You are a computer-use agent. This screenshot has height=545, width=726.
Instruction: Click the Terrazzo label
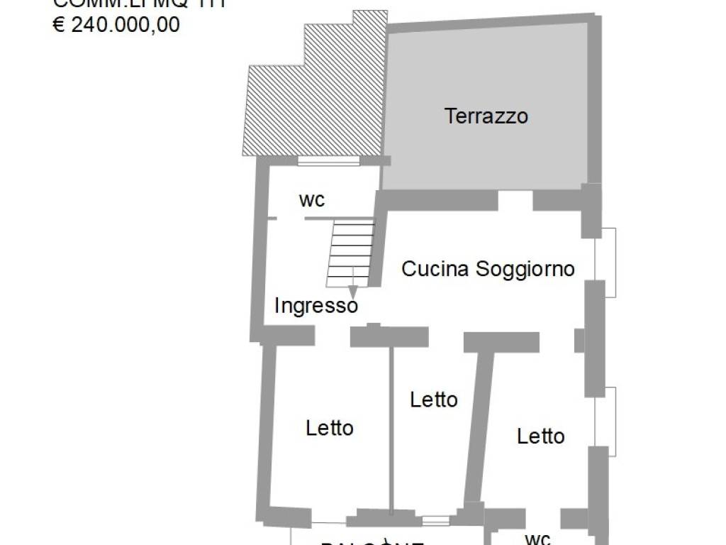tap(486, 116)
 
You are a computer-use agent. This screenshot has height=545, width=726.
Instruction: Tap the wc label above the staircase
tap(312, 199)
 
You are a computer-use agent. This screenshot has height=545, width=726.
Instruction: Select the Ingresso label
tap(315, 306)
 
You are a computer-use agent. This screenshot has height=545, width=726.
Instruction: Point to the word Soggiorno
tap(525, 269)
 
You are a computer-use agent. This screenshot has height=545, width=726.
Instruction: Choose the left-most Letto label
tap(330, 428)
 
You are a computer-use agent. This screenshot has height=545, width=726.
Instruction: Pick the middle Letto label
tap(434, 400)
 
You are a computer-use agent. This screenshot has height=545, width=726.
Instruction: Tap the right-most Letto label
tap(541, 436)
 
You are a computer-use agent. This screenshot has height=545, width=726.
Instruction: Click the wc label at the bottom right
tap(539, 538)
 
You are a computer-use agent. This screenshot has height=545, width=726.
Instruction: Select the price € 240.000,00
tap(117, 25)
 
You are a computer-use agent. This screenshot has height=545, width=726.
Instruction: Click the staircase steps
tap(352, 251)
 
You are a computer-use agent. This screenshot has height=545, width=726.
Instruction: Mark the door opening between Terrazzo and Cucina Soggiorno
tap(515, 200)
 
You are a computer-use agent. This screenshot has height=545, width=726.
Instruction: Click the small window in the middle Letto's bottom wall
tap(436, 521)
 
